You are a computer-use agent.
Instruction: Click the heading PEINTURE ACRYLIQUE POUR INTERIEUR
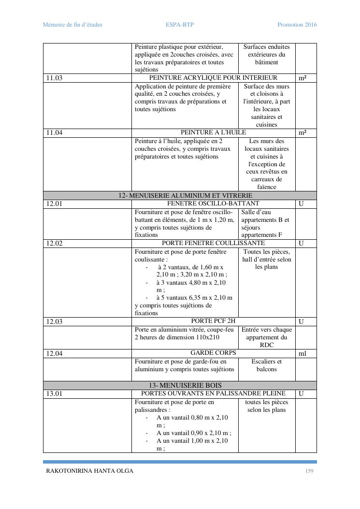click(x=213, y=78)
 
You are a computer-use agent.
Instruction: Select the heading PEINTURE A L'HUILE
click(x=213, y=132)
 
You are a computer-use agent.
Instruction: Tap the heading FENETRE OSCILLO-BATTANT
click(x=213, y=204)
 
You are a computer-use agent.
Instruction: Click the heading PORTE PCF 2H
click(x=213, y=321)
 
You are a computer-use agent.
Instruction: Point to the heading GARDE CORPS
click(x=213, y=353)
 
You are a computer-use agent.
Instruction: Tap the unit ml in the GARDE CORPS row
click(x=302, y=354)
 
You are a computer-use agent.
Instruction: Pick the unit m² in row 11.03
click(x=302, y=78)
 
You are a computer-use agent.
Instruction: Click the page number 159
click(x=309, y=471)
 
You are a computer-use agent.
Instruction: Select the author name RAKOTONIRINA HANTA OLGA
click(x=89, y=471)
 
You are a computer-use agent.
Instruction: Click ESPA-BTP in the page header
click(x=179, y=25)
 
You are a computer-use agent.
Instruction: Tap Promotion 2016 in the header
click(x=297, y=25)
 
